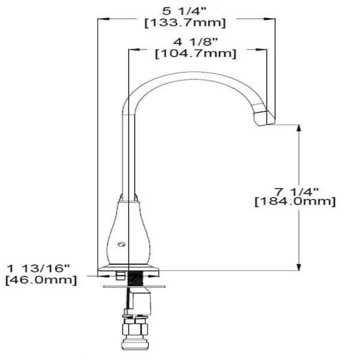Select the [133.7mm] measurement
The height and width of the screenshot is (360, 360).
(186, 23)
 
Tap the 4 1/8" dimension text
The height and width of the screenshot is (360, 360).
(194, 42)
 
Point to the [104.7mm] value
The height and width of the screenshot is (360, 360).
(194, 54)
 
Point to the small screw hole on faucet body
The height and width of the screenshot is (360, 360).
(122, 245)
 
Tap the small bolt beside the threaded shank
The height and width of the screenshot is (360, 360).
(120, 275)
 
